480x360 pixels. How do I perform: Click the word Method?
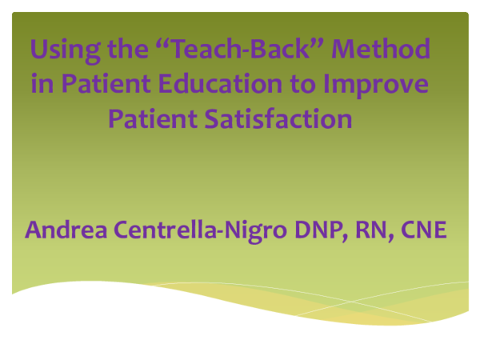(x=381, y=50)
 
